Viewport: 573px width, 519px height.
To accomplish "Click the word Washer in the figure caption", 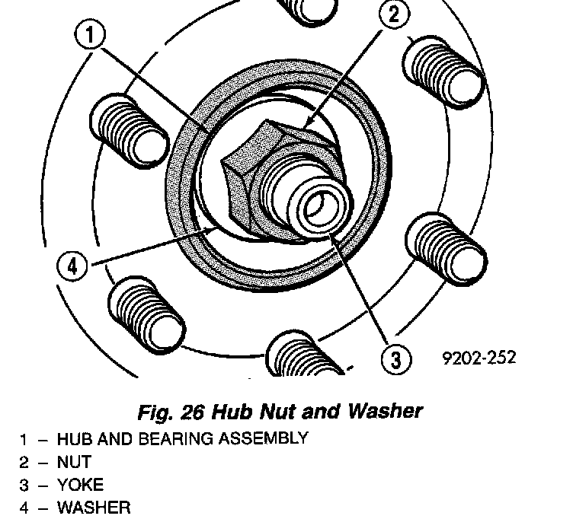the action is tap(385, 412).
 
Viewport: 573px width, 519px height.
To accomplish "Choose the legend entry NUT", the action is tap(74, 462).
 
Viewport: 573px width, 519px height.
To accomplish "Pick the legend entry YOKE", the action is tap(80, 485).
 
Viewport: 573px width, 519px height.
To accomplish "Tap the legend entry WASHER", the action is tap(94, 508).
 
